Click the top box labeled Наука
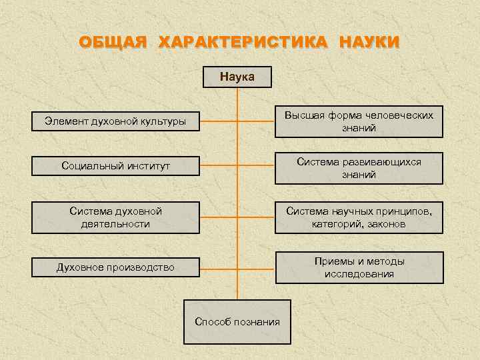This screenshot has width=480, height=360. tap(237, 77)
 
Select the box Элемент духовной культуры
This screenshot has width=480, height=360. tap(115, 121)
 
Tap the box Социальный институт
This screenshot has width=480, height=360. tap(115, 165)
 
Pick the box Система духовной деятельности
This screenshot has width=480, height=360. tap(115, 217)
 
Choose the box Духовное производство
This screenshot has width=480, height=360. tap(115, 267)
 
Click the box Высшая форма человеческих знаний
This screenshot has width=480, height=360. tap(359, 121)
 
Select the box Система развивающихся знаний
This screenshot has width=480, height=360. tap(359, 168)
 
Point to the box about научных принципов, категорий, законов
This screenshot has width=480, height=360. tap(359, 217)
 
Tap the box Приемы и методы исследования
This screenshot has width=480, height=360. tap(359, 267)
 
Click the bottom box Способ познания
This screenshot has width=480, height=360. tap(237, 322)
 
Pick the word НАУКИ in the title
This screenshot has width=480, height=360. tap(369, 43)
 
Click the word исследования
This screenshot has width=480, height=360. tap(359, 274)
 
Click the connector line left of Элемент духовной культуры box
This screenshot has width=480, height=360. tap(218, 121)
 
